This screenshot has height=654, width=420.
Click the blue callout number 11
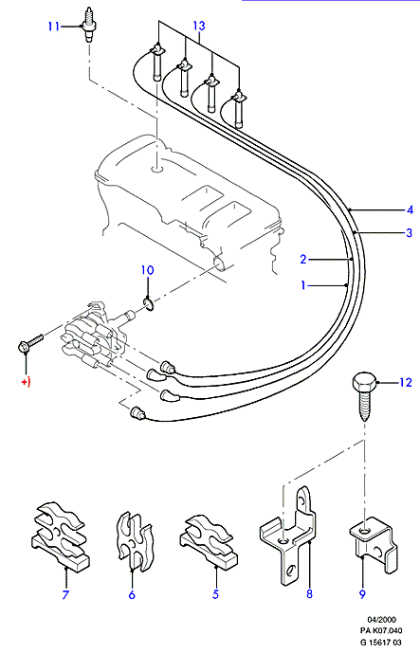click(54, 27)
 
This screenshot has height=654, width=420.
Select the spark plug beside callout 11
click(88, 25)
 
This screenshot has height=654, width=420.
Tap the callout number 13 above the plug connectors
click(199, 26)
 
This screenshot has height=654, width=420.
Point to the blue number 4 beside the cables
click(410, 209)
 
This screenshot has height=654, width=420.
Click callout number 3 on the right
click(410, 232)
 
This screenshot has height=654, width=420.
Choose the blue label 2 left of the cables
click(303, 259)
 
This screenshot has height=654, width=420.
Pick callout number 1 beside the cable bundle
click(303, 285)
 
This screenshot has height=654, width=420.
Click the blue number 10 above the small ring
click(147, 270)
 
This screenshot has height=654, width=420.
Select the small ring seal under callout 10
click(150, 303)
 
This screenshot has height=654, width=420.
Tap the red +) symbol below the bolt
click(26, 383)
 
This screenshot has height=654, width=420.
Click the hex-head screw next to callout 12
click(363, 397)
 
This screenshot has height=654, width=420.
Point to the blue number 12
click(406, 383)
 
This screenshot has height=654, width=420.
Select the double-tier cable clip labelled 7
click(60, 536)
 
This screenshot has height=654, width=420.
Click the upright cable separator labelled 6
click(135, 541)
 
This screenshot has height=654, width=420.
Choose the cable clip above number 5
click(209, 541)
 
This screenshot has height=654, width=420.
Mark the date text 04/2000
click(381, 619)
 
